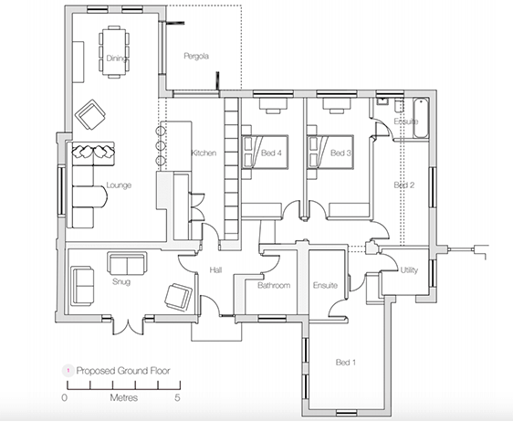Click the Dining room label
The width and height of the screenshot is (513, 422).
(115, 58)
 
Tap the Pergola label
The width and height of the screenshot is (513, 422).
(196, 57)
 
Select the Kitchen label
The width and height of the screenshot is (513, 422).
(203, 153)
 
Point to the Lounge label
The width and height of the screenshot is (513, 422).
(119, 185)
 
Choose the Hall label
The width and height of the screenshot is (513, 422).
(216, 270)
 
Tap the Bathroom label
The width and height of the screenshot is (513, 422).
(274, 286)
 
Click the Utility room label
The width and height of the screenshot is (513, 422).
(410, 270)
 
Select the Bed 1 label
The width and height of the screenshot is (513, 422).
(346, 364)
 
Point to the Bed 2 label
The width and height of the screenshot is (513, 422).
(403, 185)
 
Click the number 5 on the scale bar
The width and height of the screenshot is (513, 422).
(178, 399)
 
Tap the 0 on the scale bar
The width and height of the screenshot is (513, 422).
(65, 399)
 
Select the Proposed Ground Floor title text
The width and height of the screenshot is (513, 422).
(123, 372)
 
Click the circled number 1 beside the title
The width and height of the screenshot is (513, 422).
(66, 372)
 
